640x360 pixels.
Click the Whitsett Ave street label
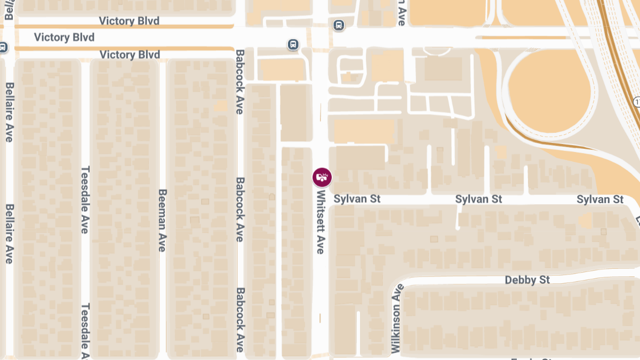(x=321, y=222)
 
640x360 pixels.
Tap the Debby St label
(x=527, y=280)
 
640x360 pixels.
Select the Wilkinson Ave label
(x=396, y=318)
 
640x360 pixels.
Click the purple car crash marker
(x=322, y=177)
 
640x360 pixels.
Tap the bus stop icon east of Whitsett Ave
(x=338, y=25)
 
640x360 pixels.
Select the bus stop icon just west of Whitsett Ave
(x=293, y=44)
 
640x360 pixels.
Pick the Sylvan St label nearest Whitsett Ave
(x=357, y=199)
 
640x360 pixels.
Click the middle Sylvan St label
(x=478, y=199)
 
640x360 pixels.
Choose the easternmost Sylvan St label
(x=600, y=199)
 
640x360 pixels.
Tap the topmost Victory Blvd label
(x=130, y=21)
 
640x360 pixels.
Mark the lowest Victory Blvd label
(x=130, y=54)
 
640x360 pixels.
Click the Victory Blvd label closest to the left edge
(x=64, y=37)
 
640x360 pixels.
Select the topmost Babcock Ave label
(x=240, y=82)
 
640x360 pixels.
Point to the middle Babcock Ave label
(x=240, y=209)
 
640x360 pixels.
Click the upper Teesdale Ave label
(x=85, y=200)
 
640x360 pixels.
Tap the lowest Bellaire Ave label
(x=9, y=234)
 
